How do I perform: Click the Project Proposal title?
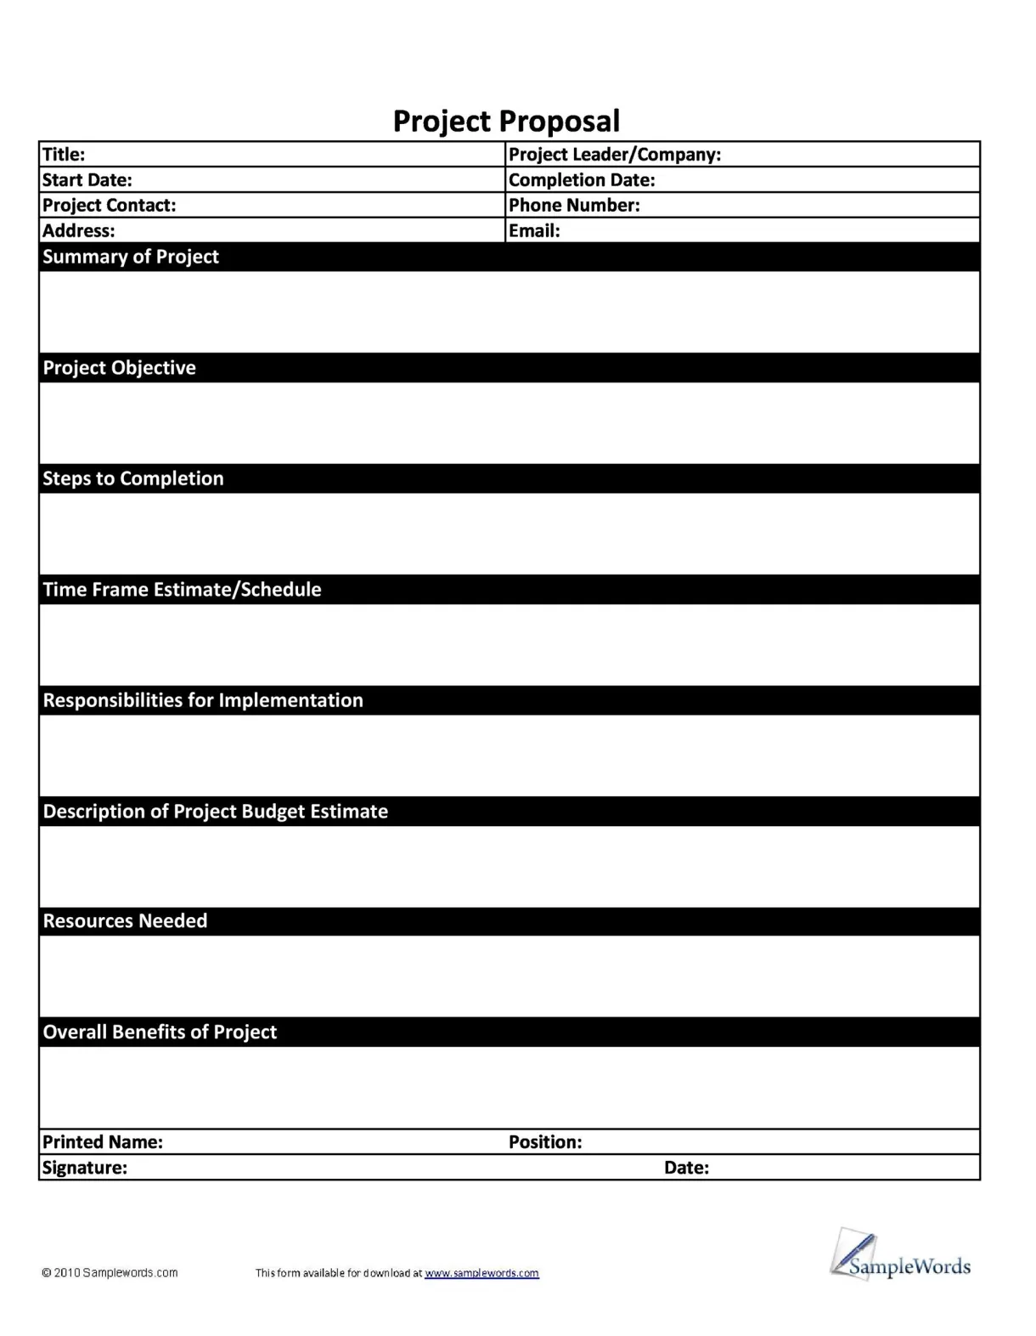tap(506, 122)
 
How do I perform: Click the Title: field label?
tap(64, 155)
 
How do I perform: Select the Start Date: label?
tap(87, 180)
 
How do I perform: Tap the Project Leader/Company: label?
tap(614, 155)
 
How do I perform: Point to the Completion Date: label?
tap(582, 180)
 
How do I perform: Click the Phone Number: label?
tap(574, 206)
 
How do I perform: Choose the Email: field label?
tap(534, 231)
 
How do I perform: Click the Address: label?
tap(78, 231)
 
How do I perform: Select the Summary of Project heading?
tap(131, 257)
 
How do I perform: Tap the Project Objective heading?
tap(119, 368)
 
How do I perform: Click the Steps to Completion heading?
tap(133, 478)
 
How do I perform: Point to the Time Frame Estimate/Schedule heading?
tap(182, 590)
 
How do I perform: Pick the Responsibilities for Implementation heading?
tap(203, 700)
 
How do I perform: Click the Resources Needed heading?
tap(125, 921)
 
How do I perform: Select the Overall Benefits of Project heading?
tap(160, 1032)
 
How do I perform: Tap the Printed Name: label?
tap(102, 1142)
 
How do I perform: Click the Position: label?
tap(545, 1142)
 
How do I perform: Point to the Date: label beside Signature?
tap(686, 1168)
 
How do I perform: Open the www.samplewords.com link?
tap(481, 1273)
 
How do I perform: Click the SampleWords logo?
tap(900, 1256)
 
